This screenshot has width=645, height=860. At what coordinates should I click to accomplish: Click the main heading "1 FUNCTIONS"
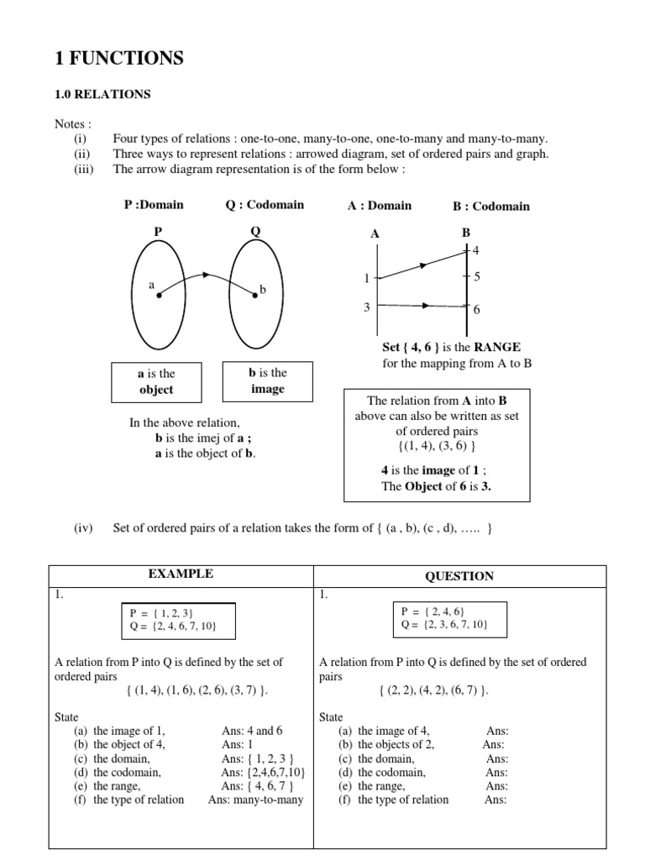point(118,58)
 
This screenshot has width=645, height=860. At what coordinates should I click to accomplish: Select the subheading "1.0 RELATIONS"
point(102,95)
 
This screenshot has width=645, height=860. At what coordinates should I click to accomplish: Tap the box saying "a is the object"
point(156,381)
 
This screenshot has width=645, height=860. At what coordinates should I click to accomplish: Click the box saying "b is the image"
point(267,380)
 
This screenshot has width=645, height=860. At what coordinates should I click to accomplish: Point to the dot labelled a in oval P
point(160,295)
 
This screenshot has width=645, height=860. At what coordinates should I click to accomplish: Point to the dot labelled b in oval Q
point(254,294)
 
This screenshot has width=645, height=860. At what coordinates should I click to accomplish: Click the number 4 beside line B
point(476,250)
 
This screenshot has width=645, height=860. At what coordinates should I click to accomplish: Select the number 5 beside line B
point(477,276)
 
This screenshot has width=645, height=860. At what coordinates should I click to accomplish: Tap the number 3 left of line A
point(366,307)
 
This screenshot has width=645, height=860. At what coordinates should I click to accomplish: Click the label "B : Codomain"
point(490,206)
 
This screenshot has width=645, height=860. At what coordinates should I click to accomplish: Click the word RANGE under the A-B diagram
point(497,347)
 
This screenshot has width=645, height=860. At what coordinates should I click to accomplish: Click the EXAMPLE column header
point(181,574)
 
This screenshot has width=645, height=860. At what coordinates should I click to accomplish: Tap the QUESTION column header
point(459,576)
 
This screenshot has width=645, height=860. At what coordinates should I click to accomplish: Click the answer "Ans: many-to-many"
point(255,800)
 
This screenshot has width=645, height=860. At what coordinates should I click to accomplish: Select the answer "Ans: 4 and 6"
point(252,731)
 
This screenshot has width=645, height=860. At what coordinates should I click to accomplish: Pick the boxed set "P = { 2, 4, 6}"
point(433,611)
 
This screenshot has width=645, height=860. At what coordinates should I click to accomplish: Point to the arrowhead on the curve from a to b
point(205,274)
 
